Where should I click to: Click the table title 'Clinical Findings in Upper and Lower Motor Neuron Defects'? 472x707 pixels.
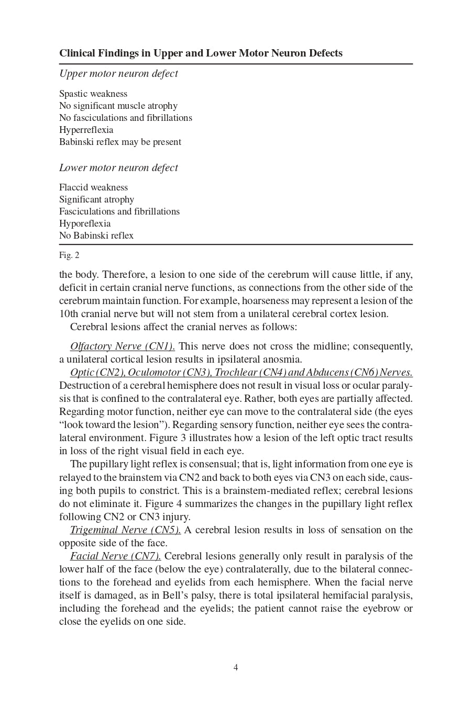201,53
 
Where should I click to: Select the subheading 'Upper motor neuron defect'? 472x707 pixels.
118,74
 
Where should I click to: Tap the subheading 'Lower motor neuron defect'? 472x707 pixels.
118,168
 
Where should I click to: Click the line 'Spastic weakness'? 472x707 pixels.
93,94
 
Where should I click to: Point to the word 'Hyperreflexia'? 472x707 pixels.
86,130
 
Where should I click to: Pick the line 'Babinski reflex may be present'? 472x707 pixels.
120,142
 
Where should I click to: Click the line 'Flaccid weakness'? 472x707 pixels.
93,188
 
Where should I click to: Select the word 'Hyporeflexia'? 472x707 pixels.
85,224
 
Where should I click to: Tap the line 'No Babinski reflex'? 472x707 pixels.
96,236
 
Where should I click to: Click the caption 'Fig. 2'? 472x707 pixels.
69,255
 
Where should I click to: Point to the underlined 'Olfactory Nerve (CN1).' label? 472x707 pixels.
123,346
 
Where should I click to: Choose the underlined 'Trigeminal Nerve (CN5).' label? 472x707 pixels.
125,530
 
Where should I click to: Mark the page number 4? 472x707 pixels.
236,668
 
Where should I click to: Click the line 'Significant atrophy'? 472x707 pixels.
96,200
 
